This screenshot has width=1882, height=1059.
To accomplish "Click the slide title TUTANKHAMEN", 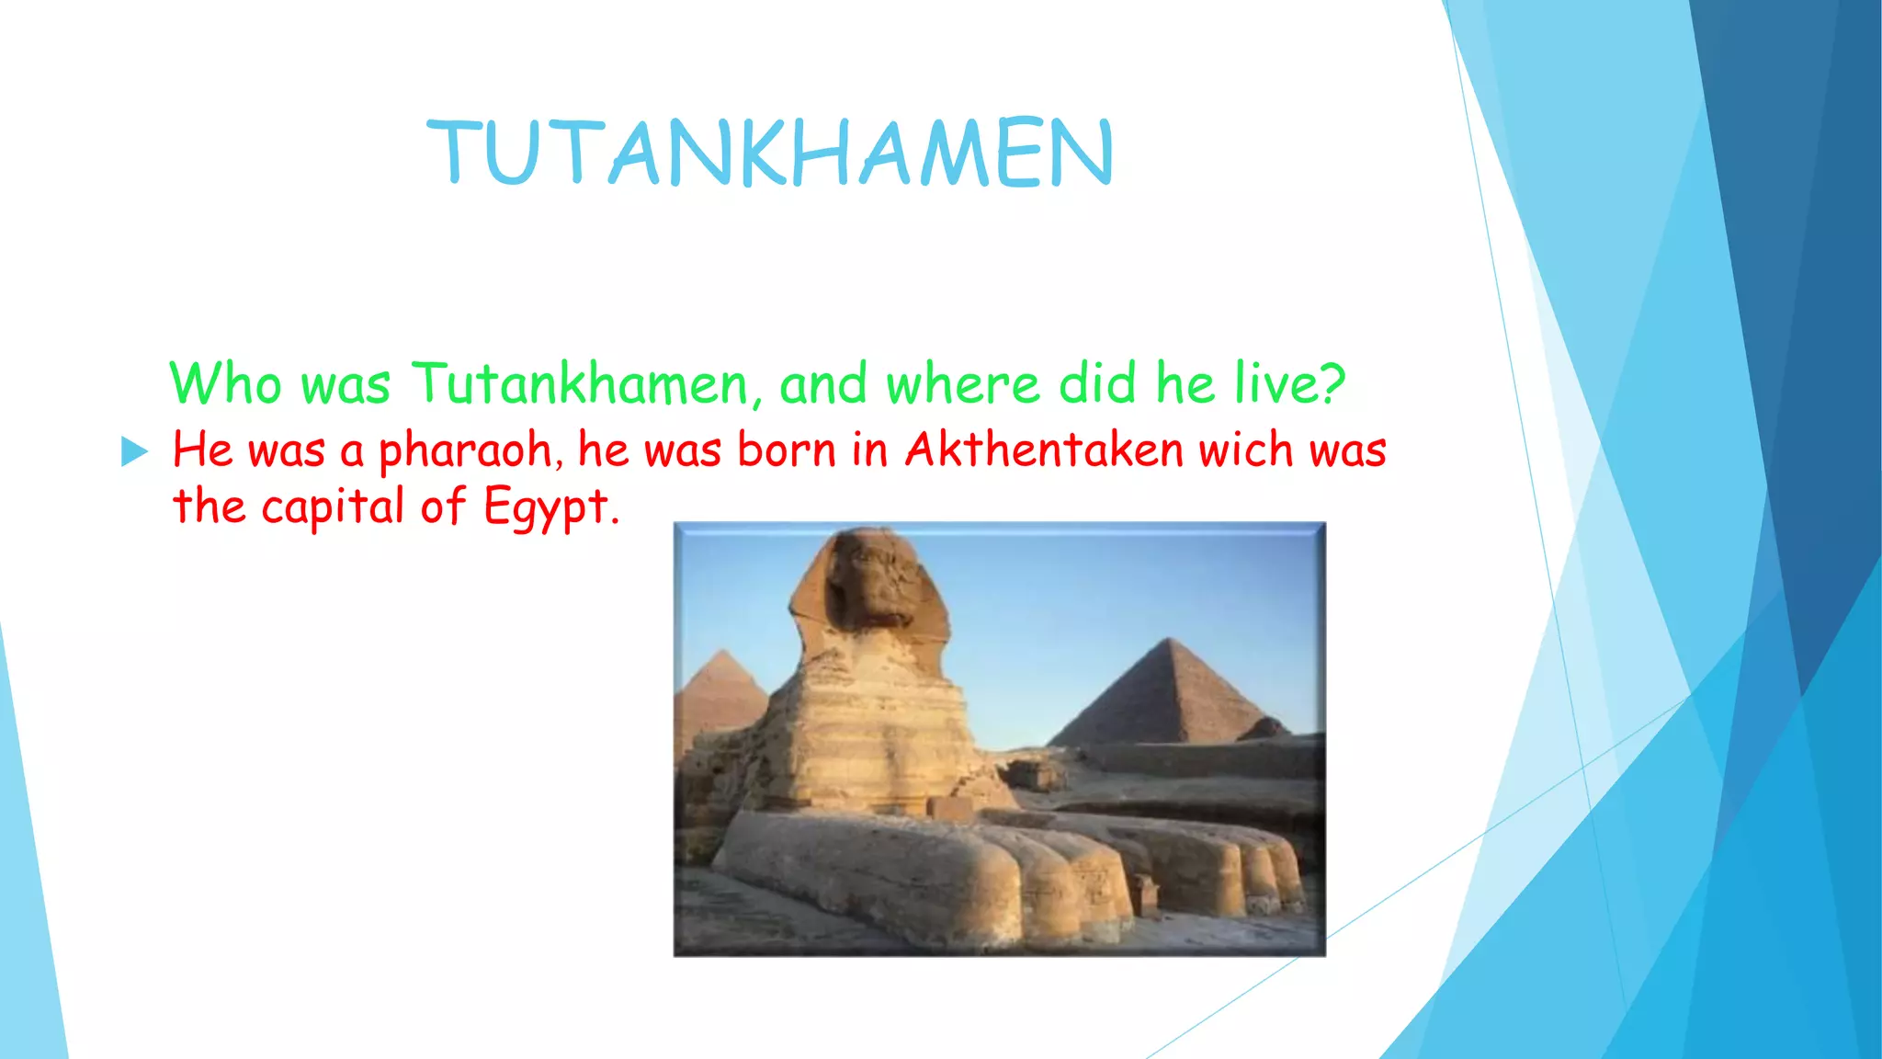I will [x=770, y=153].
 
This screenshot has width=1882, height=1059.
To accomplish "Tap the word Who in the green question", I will [x=225, y=383].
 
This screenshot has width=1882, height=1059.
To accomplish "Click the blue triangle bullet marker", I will [x=134, y=451].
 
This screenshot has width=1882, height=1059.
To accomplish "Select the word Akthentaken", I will [x=1044, y=450].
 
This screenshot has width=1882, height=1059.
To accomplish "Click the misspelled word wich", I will [x=1246, y=450].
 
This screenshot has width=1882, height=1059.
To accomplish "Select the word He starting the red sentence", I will [x=202, y=450].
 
